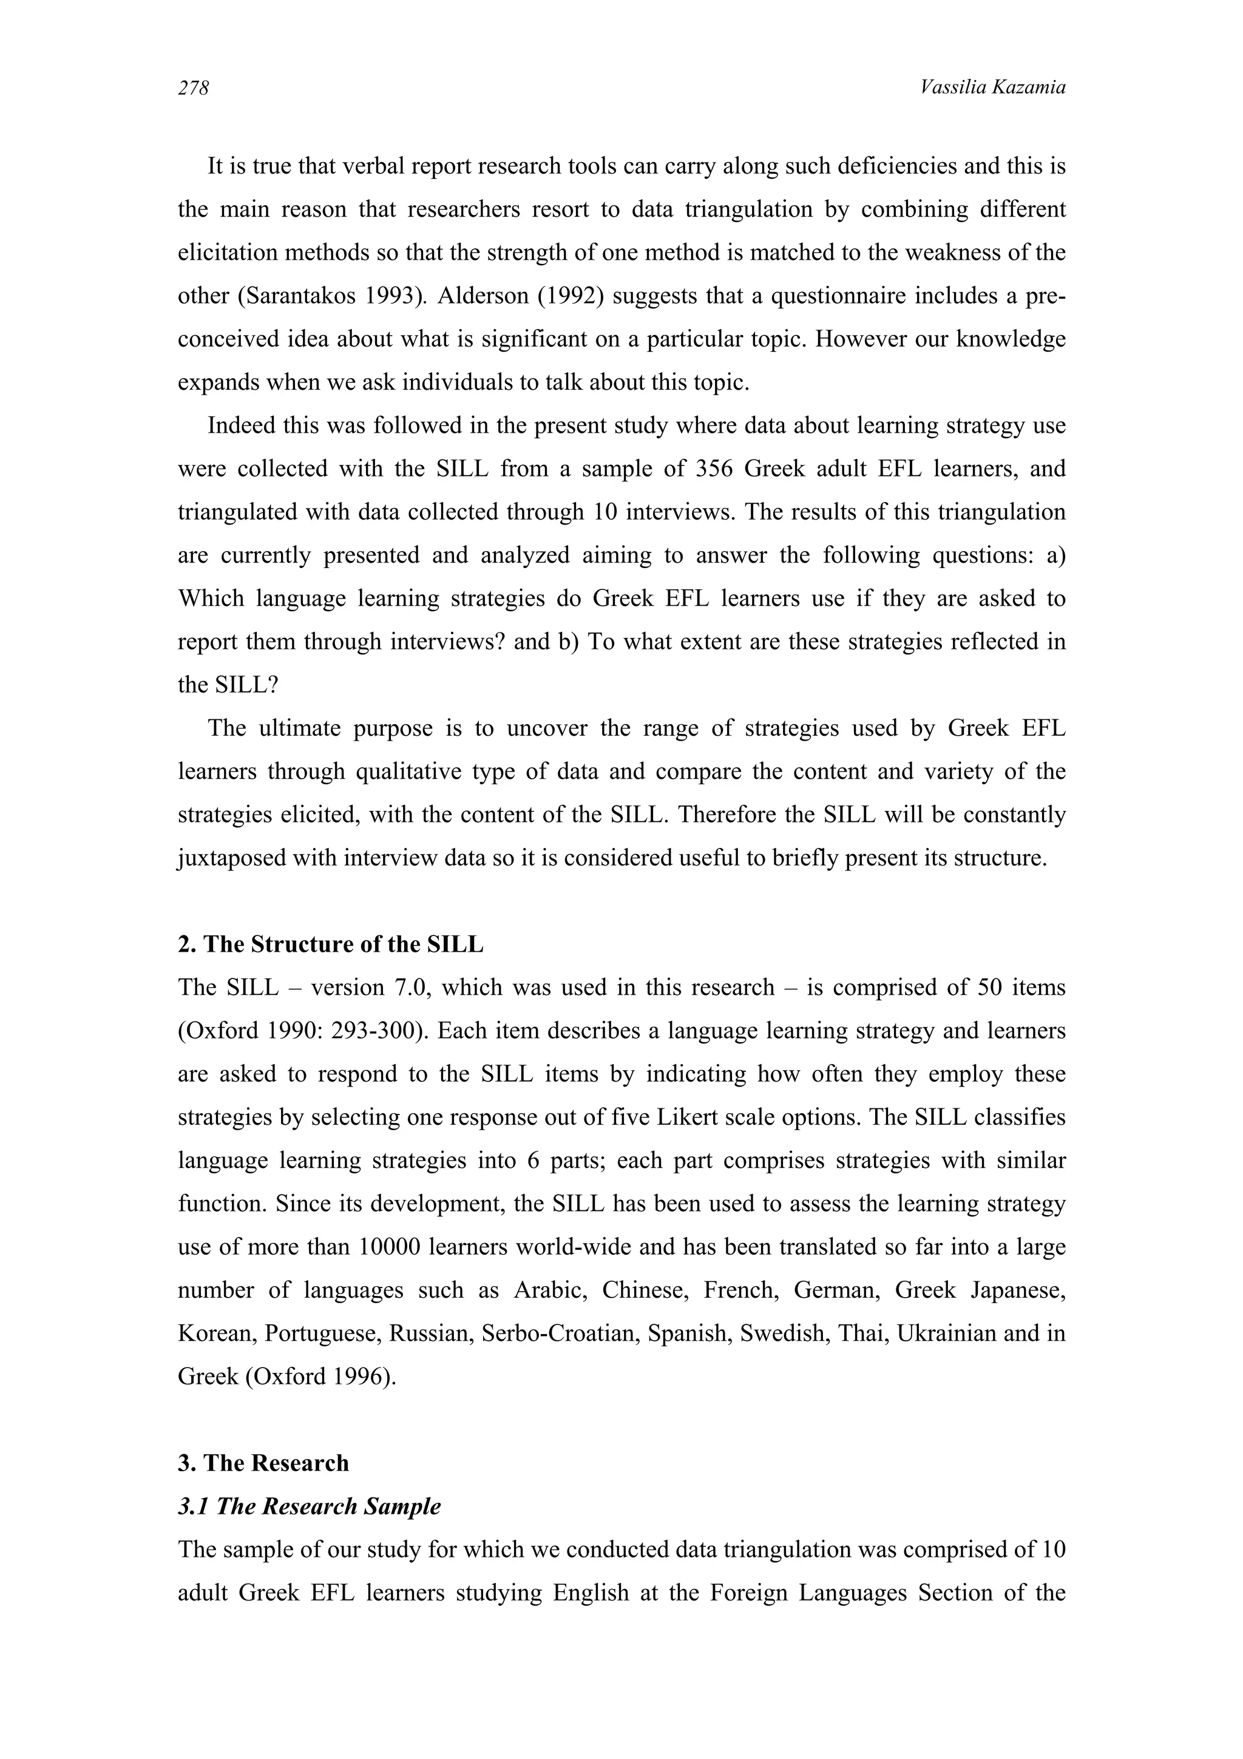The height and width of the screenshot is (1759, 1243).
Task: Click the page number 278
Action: [193, 89]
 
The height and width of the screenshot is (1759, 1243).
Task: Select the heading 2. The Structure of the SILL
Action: [330, 944]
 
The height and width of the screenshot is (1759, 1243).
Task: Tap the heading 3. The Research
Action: [263, 1463]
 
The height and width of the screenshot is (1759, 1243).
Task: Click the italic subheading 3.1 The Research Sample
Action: [309, 1506]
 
